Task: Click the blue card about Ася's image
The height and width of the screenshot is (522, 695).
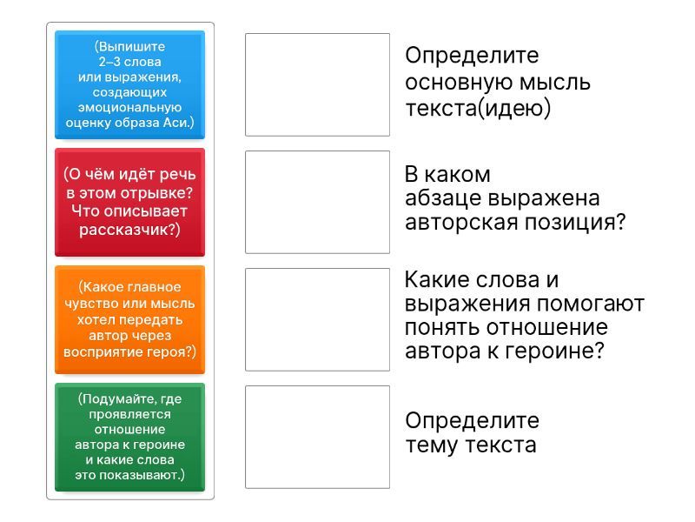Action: click(129, 84)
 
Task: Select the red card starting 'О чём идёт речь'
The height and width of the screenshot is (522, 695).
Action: click(129, 202)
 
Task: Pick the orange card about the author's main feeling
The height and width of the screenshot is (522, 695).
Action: click(129, 319)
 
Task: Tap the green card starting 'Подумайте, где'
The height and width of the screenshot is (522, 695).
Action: click(129, 438)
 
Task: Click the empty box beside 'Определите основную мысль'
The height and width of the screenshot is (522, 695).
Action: click(317, 84)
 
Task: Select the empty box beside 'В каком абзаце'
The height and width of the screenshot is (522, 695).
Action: click(317, 203)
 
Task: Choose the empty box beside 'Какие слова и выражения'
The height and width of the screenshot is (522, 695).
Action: click(317, 319)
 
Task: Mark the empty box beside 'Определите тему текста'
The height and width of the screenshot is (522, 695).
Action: click(317, 438)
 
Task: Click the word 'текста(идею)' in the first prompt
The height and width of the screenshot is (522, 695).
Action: click(478, 109)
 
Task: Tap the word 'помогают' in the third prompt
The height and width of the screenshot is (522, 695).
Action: click(591, 304)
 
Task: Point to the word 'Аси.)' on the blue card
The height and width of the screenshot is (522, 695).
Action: click(179, 123)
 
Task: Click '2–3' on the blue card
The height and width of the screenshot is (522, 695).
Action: click(109, 62)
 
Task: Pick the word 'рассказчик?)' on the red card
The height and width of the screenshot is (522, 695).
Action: click(129, 230)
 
